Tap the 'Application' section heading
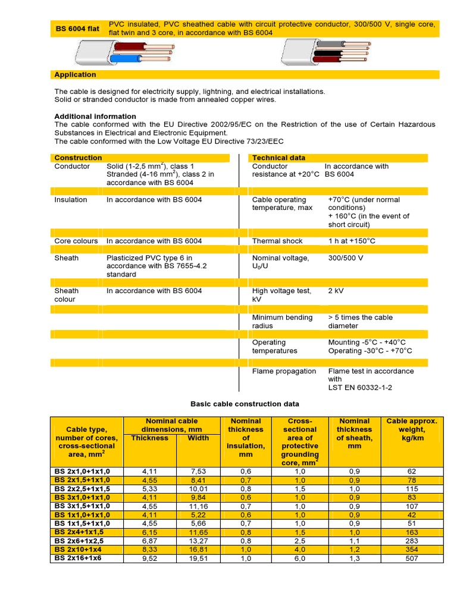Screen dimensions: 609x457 click(75, 74)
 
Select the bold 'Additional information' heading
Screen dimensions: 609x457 click(95, 116)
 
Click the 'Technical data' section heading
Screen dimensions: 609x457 click(278, 158)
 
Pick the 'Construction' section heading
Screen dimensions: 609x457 click(78, 158)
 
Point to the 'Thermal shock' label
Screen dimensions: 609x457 click(277, 241)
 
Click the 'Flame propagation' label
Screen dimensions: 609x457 click(284, 371)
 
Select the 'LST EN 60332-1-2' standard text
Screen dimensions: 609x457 click(360, 388)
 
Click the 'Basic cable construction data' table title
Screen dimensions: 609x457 click(245, 404)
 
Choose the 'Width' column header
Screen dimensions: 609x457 click(198, 438)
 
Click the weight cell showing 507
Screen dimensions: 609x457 click(412, 558)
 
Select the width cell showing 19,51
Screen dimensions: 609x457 click(198, 558)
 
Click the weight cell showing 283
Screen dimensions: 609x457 click(412, 541)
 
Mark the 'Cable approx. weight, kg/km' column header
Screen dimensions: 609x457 click(412, 429)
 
